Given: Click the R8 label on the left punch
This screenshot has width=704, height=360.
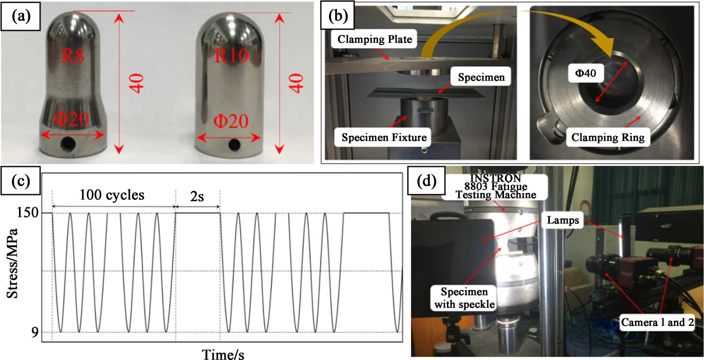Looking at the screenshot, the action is pos(73,56).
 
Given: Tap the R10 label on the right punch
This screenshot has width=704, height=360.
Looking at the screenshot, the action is pos(231,56).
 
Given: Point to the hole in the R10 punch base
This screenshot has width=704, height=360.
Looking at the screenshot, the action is pos(234,144).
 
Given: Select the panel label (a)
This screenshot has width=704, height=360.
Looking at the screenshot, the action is pos(21,16).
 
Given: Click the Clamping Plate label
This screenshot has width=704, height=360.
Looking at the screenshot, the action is pos(375,39).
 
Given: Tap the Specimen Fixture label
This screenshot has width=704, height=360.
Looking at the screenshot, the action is pos(384,137).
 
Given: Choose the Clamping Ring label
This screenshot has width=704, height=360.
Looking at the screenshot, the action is pos(608,137).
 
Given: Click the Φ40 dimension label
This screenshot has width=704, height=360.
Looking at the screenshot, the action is pos(585,73).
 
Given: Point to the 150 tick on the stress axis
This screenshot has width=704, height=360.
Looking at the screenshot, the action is pos(27,213).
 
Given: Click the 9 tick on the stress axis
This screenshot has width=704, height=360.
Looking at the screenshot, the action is pos(34,332).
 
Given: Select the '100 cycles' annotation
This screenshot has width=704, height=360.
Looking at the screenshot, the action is pos(112,195).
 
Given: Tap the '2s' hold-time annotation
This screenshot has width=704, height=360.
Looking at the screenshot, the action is pos(197,196).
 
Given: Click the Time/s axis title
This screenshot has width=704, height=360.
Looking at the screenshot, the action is pos(223,354).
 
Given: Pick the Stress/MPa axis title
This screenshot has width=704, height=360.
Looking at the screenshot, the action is pos(13,263).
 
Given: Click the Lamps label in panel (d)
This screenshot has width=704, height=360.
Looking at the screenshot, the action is pos(562,220).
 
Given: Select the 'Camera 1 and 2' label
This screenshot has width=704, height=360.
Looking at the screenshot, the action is pos(657,322).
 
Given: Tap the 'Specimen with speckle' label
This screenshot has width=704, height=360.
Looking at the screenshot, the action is pos(464,298).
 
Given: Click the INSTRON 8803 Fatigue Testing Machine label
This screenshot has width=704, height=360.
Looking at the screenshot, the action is pos(496,187).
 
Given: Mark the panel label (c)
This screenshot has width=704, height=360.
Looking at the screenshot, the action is pos(21,181).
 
